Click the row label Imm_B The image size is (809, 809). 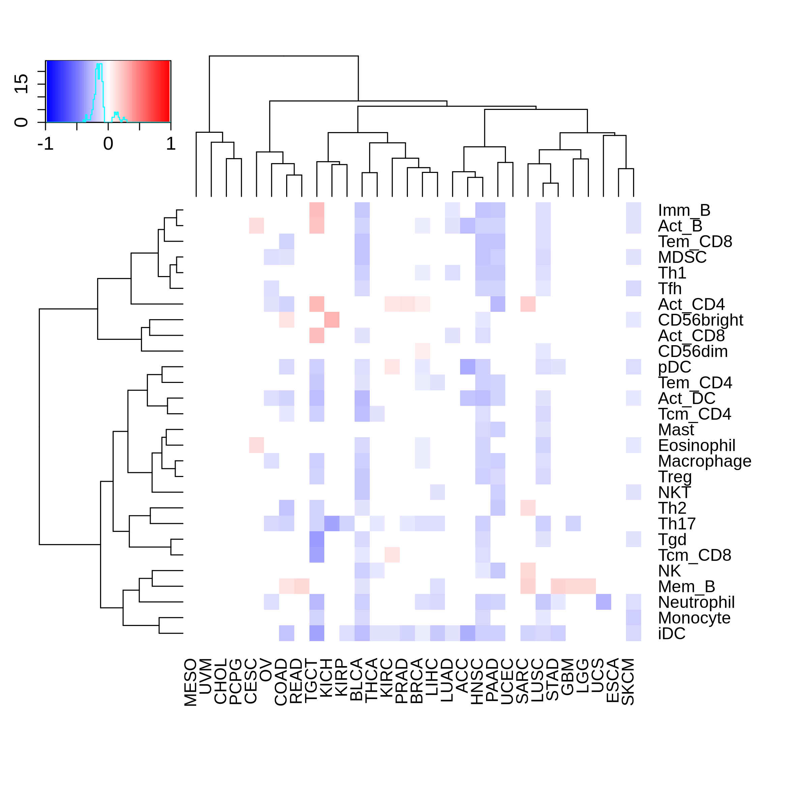point(684,210)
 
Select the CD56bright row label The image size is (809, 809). point(700,320)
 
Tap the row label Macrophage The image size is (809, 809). point(704,461)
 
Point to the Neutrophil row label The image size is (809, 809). point(696,602)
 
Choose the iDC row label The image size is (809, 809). point(672,634)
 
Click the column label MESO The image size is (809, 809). point(190,682)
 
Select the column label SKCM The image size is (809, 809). point(628,682)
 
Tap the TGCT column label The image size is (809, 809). point(311,681)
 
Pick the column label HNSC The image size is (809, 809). point(477,682)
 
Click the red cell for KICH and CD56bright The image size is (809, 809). point(332,320)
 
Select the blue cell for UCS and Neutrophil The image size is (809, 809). point(603,602)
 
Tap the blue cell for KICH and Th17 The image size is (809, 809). point(332,523)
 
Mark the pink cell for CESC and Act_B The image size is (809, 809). point(256,226)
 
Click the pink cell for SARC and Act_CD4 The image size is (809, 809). point(528,304)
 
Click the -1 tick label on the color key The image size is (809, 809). point(46,144)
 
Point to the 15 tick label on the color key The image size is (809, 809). point(21,83)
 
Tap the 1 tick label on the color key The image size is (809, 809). point(171,144)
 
